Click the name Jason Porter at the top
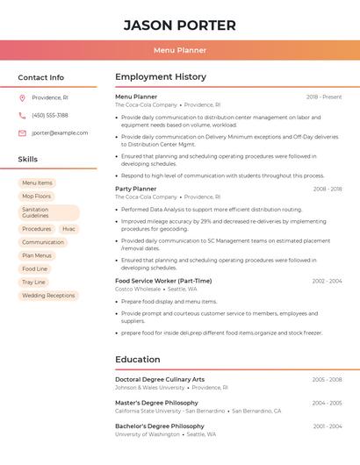pos(180,25)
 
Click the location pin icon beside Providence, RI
pos(22,97)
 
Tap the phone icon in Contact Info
pos(22,115)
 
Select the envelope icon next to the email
pos(22,132)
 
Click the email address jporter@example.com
pos(60,132)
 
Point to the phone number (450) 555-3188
pos(50,115)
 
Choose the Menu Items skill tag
pos(37,183)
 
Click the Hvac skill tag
pos(68,229)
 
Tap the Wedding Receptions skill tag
pos(48,296)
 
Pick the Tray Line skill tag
pos(33,283)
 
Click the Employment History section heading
pos(161,77)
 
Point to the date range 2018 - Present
pos(324,97)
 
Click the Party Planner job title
pos(135,189)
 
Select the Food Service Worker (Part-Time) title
pos(163,281)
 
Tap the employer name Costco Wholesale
pos(138,289)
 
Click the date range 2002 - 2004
pos(327,281)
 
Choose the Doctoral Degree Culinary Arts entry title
pos(160,379)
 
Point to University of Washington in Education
pos(148,434)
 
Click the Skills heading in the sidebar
pos(28,160)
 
